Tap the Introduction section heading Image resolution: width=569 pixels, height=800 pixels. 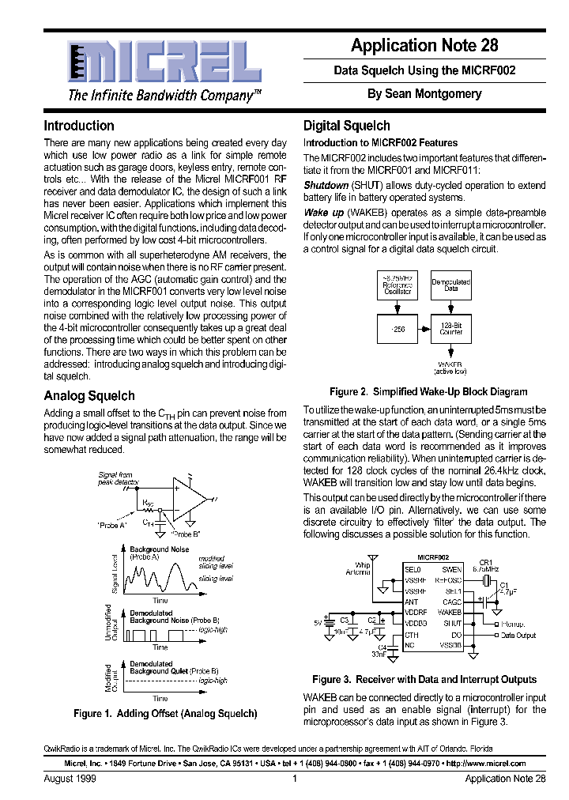click(x=79, y=126)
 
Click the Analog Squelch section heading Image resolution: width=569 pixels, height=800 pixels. click(x=89, y=395)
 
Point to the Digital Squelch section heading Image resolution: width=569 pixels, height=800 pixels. click(x=347, y=126)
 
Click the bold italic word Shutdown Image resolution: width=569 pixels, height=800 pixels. click(x=326, y=185)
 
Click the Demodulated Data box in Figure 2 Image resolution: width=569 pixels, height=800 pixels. click(x=450, y=285)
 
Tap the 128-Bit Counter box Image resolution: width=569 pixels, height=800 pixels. click(x=450, y=328)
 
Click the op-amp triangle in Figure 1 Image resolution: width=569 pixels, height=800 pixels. click(x=191, y=498)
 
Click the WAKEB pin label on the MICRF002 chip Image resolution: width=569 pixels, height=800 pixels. click(x=450, y=613)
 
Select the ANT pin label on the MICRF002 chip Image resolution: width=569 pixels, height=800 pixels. click(x=411, y=602)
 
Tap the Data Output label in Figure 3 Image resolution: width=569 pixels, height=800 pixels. click(x=518, y=635)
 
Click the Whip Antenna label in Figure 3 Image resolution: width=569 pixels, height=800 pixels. click(x=358, y=568)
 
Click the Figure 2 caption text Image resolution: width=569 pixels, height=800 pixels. click(x=428, y=391)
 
